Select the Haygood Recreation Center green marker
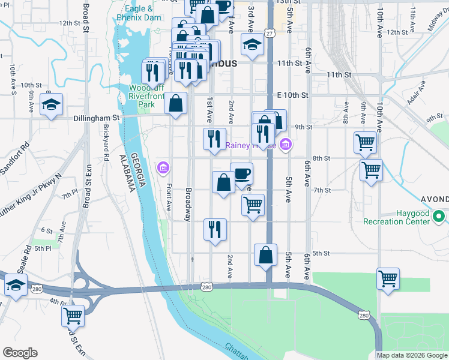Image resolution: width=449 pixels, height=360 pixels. click(x=439, y=216)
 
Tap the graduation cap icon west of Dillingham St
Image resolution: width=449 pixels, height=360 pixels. click(x=52, y=105)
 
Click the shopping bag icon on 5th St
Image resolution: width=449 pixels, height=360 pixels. click(x=265, y=255)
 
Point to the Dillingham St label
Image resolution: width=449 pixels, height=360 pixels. click(x=97, y=118)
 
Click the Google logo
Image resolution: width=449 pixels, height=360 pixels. click(x=20, y=353)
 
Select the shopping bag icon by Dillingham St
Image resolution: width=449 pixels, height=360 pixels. click(x=175, y=103)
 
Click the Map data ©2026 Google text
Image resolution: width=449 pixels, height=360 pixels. click(x=411, y=355)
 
